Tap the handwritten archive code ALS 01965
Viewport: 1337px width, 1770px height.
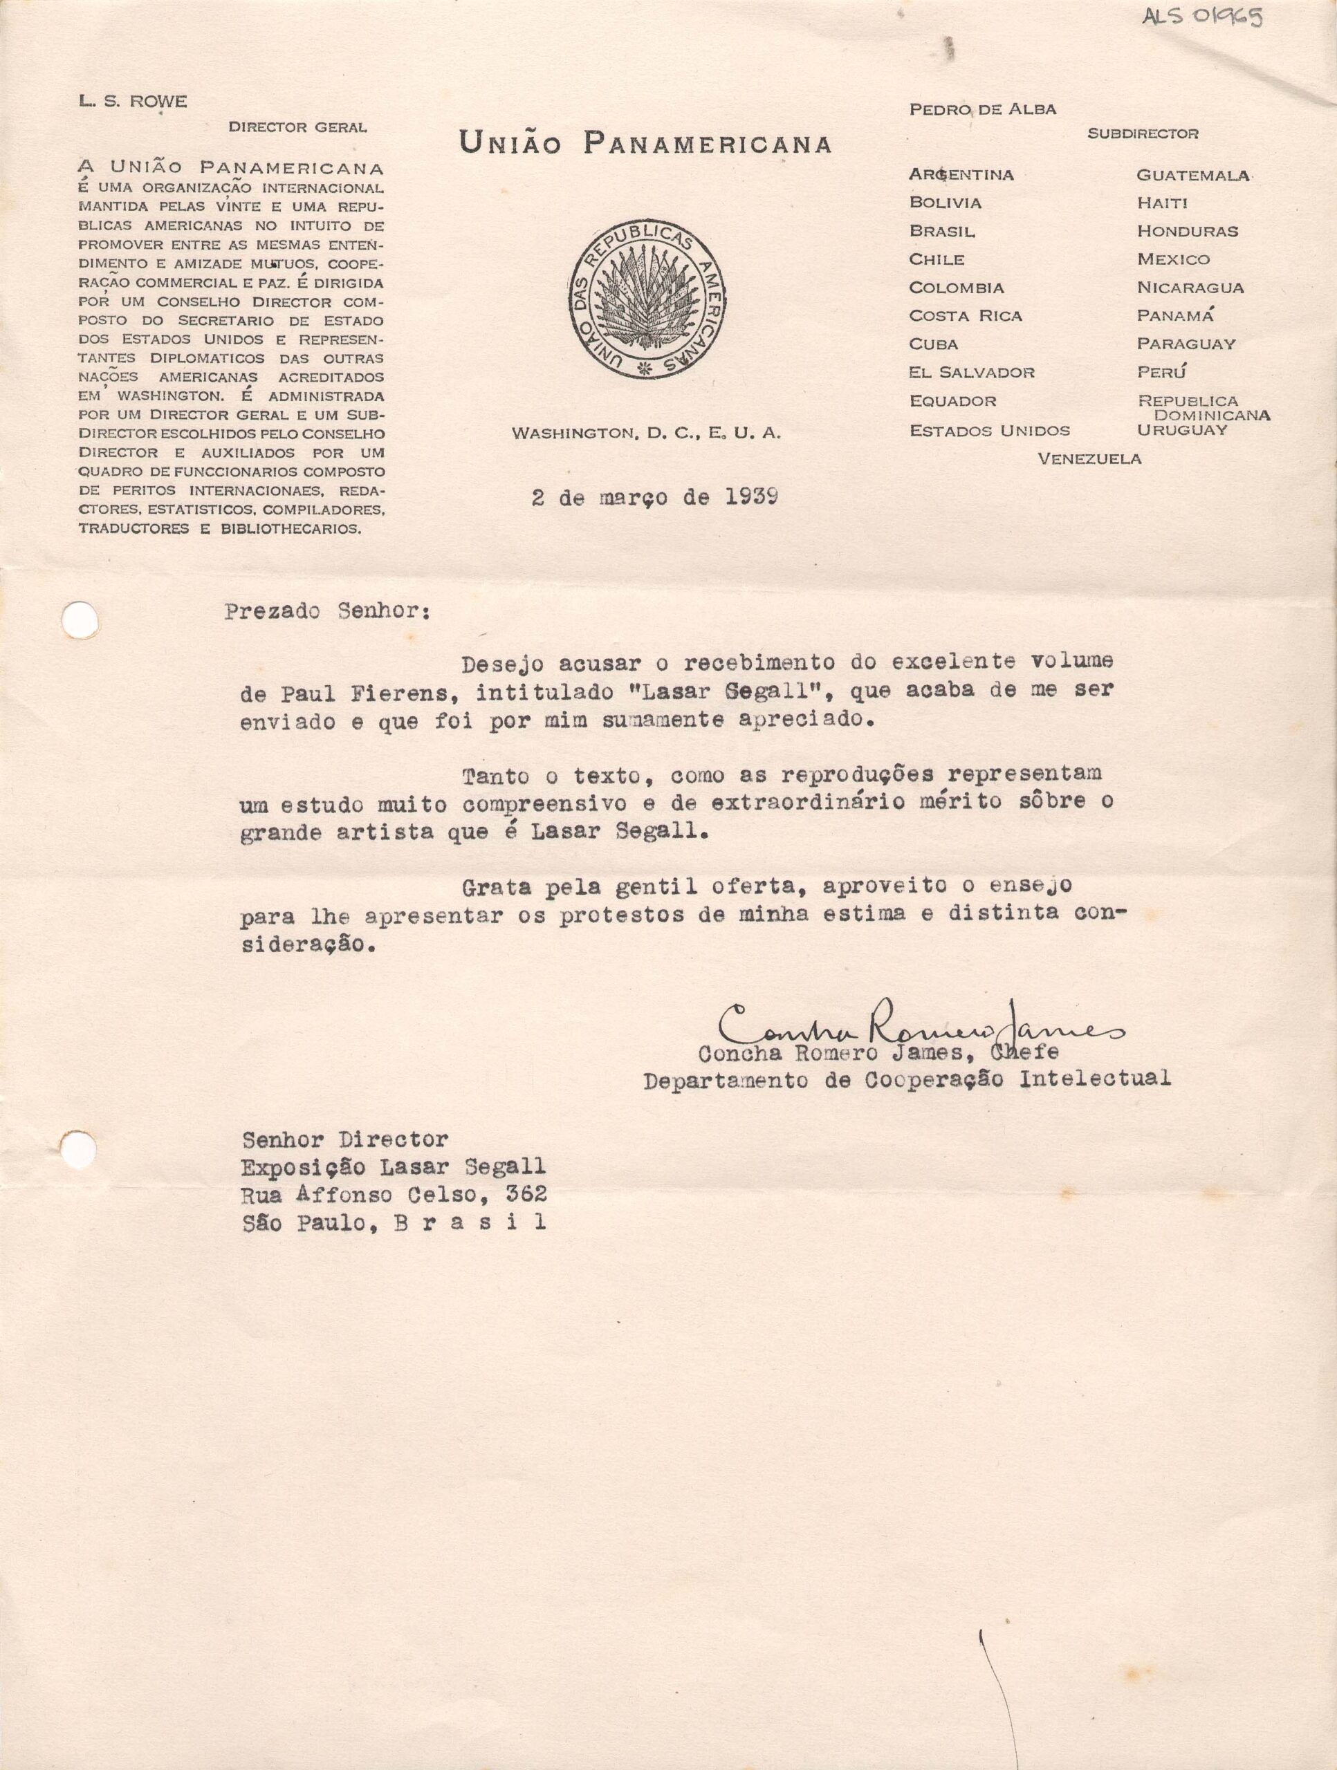[x=1201, y=17]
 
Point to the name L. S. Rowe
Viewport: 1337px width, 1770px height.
[x=133, y=102]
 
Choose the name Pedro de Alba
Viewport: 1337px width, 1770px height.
[x=982, y=110]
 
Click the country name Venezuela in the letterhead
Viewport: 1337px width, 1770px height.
[x=1089, y=458]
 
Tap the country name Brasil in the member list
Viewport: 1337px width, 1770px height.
[x=941, y=231]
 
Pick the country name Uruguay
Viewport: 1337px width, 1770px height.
[x=1181, y=429]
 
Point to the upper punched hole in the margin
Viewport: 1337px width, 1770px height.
[x=80, y=619]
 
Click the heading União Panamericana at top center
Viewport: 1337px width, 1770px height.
[x=645, y=144]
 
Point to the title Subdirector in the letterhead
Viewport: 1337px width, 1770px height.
[x=1143, y=133]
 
